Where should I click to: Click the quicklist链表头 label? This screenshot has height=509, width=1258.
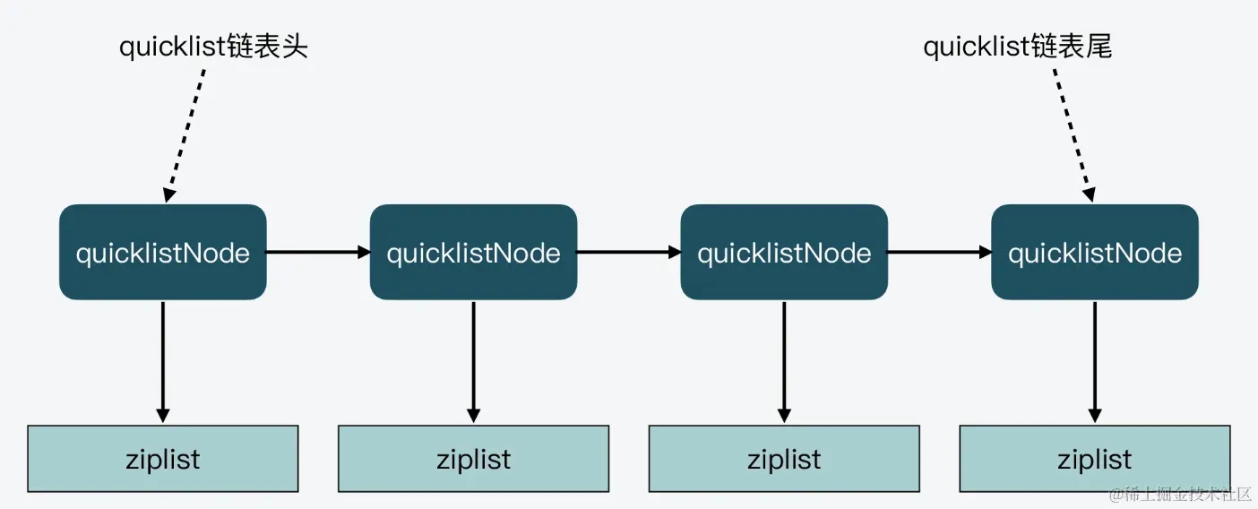click(x=213, y=47)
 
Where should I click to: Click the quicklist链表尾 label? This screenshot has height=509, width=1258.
click(x=1018, y=47)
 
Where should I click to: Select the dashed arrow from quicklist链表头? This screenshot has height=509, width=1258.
click(x=185, y=134)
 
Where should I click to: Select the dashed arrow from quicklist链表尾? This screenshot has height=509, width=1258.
click(x=1071, y=134)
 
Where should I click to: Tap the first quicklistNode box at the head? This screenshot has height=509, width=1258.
click(x=162, y=253)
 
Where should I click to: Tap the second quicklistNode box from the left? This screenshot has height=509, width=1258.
click(x=473, y=253)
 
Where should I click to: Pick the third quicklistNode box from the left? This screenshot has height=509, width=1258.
click(x=784, y=253)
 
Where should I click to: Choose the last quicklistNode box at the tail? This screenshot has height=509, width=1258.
click(x=1094, y=253)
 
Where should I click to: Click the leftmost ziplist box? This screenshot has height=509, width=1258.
click(x=162, y=459)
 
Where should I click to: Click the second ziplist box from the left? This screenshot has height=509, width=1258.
click(x=473, y=459)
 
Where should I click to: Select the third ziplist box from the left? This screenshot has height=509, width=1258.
click(x=784, y=459)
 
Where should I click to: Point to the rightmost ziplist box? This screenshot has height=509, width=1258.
click(x=1094, y=459)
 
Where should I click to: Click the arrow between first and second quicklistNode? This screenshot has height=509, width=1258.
click(x=318, y=253)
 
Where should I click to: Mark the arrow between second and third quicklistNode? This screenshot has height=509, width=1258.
click(x=628, y=253)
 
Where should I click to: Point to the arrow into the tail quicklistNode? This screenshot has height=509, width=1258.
click(x=939, y=253)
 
